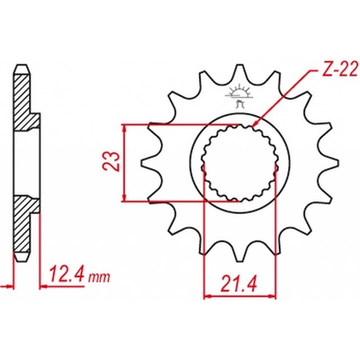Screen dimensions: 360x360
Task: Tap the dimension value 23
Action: tap(112, 161)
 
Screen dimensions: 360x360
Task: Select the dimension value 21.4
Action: tap(239, 285)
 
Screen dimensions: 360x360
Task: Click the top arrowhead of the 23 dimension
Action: tap(125, 128)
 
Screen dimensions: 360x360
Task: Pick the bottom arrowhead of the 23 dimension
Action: tap(125, 197)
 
